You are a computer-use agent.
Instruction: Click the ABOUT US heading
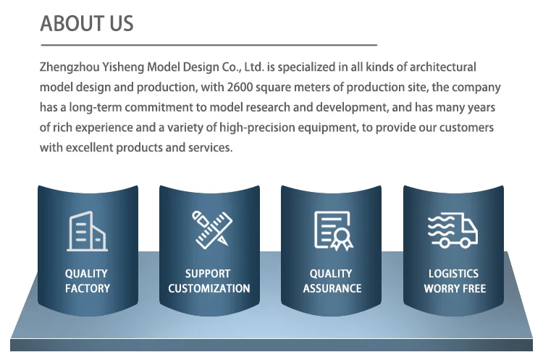pos(87,24)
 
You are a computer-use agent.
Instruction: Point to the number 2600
pos(240,87)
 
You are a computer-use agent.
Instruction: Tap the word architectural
pos(443,67)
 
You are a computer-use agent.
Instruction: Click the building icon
pos(88,231)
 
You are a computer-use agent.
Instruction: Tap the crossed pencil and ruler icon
pos(212,230)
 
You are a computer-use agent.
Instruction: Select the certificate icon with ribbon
pos(334,231)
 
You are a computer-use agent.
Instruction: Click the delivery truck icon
pos(453,230)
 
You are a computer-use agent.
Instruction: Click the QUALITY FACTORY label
pos(87,281)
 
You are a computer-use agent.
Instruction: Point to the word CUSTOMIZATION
pos(209,288)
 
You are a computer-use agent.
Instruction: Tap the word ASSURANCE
pos(332,288)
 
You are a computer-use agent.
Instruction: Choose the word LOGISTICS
pos(454,274)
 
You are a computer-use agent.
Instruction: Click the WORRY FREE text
pos(455,288)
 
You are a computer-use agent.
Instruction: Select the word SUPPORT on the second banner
pos(208,274)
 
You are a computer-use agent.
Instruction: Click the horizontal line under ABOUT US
pos(209,45)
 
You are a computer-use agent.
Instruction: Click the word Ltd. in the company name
pos(254,67)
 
